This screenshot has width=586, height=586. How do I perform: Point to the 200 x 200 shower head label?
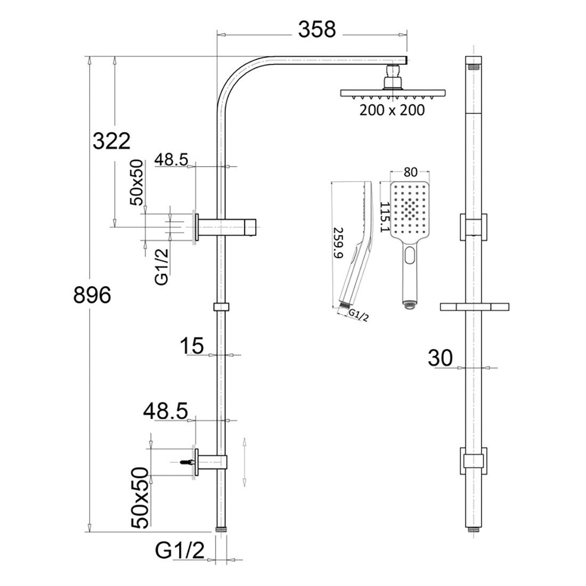click(x=393, y=110)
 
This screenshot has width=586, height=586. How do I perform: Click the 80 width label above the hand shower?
click(x=409, y=172)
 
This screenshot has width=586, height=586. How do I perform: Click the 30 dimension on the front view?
click(x=440, y=358)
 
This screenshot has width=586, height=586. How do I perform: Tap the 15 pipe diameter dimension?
click(x=192, y=346)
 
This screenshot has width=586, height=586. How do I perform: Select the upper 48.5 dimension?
click(x=171, y=159)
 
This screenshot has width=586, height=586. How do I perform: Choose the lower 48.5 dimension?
click(x=165, y=411)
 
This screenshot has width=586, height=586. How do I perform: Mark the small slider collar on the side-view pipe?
click(x=220, y=307)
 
